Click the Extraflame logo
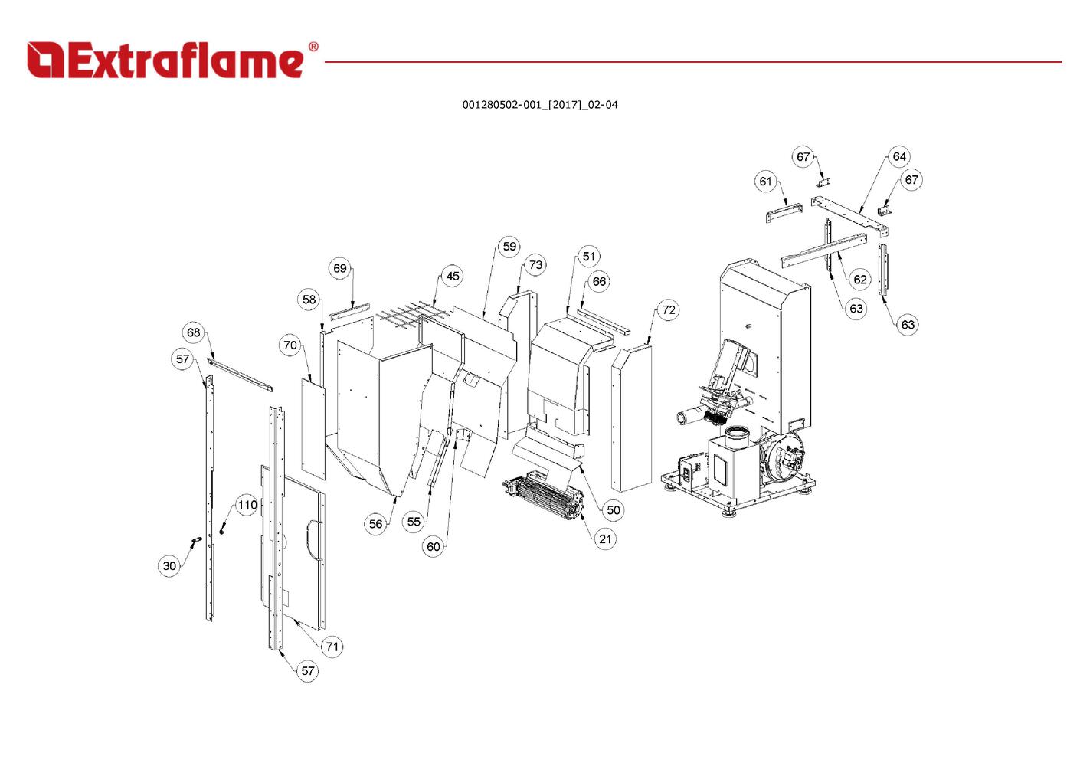(x=165, y=61)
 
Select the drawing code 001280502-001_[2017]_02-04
(x=539, y=105)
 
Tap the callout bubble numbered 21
(x=606, y=539)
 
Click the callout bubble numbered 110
(x=247, y=505)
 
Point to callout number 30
(x=169, y=566)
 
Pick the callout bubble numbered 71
(x=332, y=647)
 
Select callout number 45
(x=453, y=276)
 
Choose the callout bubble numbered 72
(x=669, y=309)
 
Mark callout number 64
(x=899, y=156)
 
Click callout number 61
(x=766, y=182)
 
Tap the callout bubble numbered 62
(x=860, y=279)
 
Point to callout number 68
(x=194, y=332)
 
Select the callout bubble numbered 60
(x=434, y=546)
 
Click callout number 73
(x=535, y=265)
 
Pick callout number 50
(x=613, y=510)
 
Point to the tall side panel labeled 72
(x=632, y=418)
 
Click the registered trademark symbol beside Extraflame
(x=313, y=47)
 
